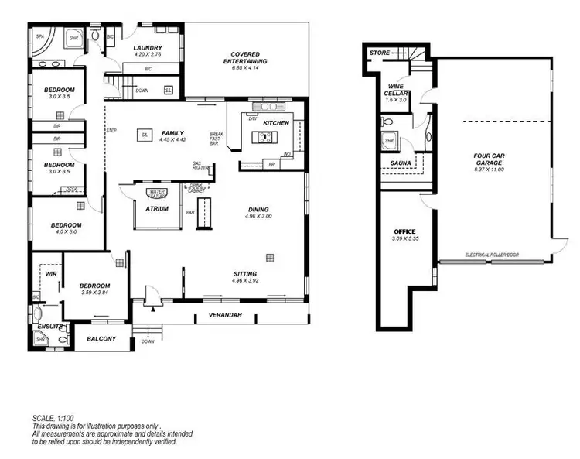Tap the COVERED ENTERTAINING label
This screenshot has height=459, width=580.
pos(245,57)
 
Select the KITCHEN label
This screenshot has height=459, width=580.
pos(276,123)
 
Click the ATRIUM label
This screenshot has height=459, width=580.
pos(157,207)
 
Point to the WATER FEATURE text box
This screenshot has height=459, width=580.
pos(158,192)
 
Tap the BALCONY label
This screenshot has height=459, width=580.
pos(101,339)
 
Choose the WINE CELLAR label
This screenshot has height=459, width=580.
pos(396,90)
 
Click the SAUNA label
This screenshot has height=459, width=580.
pos(401,163)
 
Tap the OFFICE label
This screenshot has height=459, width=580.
pos(404,231)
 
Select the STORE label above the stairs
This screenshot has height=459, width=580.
pos(379,53)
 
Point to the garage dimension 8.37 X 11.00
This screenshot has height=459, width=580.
pos(490,169)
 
